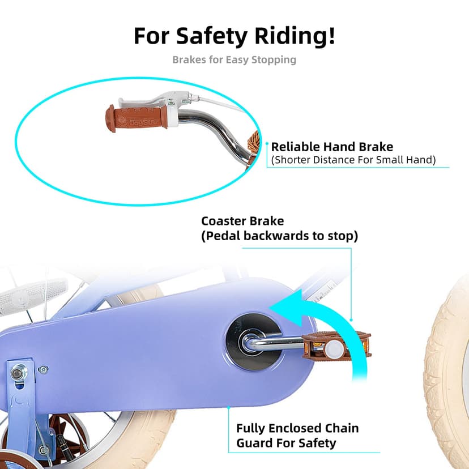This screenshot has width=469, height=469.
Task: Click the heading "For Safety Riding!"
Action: [x=234, y=36]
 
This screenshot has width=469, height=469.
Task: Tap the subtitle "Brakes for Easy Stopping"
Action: [x=234, y=60]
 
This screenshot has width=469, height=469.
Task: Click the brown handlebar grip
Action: [x=137, y=118]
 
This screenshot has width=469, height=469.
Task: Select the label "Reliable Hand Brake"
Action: [x=332, y=147]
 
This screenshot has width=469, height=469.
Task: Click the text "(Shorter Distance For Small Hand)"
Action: [x=353, y=160]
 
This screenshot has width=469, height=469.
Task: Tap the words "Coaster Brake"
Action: [x=242, y=221]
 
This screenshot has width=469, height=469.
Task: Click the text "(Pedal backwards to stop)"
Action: [x=279, y=236]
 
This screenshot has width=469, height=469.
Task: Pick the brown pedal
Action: [x=336, y=345]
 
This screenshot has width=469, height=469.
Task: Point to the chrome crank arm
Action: [x=273, y=343]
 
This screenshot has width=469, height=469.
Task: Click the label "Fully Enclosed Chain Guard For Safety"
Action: [x=297, y=436]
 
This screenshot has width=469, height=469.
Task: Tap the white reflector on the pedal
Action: [x=335, y=349]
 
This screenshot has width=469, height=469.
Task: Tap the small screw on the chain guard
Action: [x=44, y=370]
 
